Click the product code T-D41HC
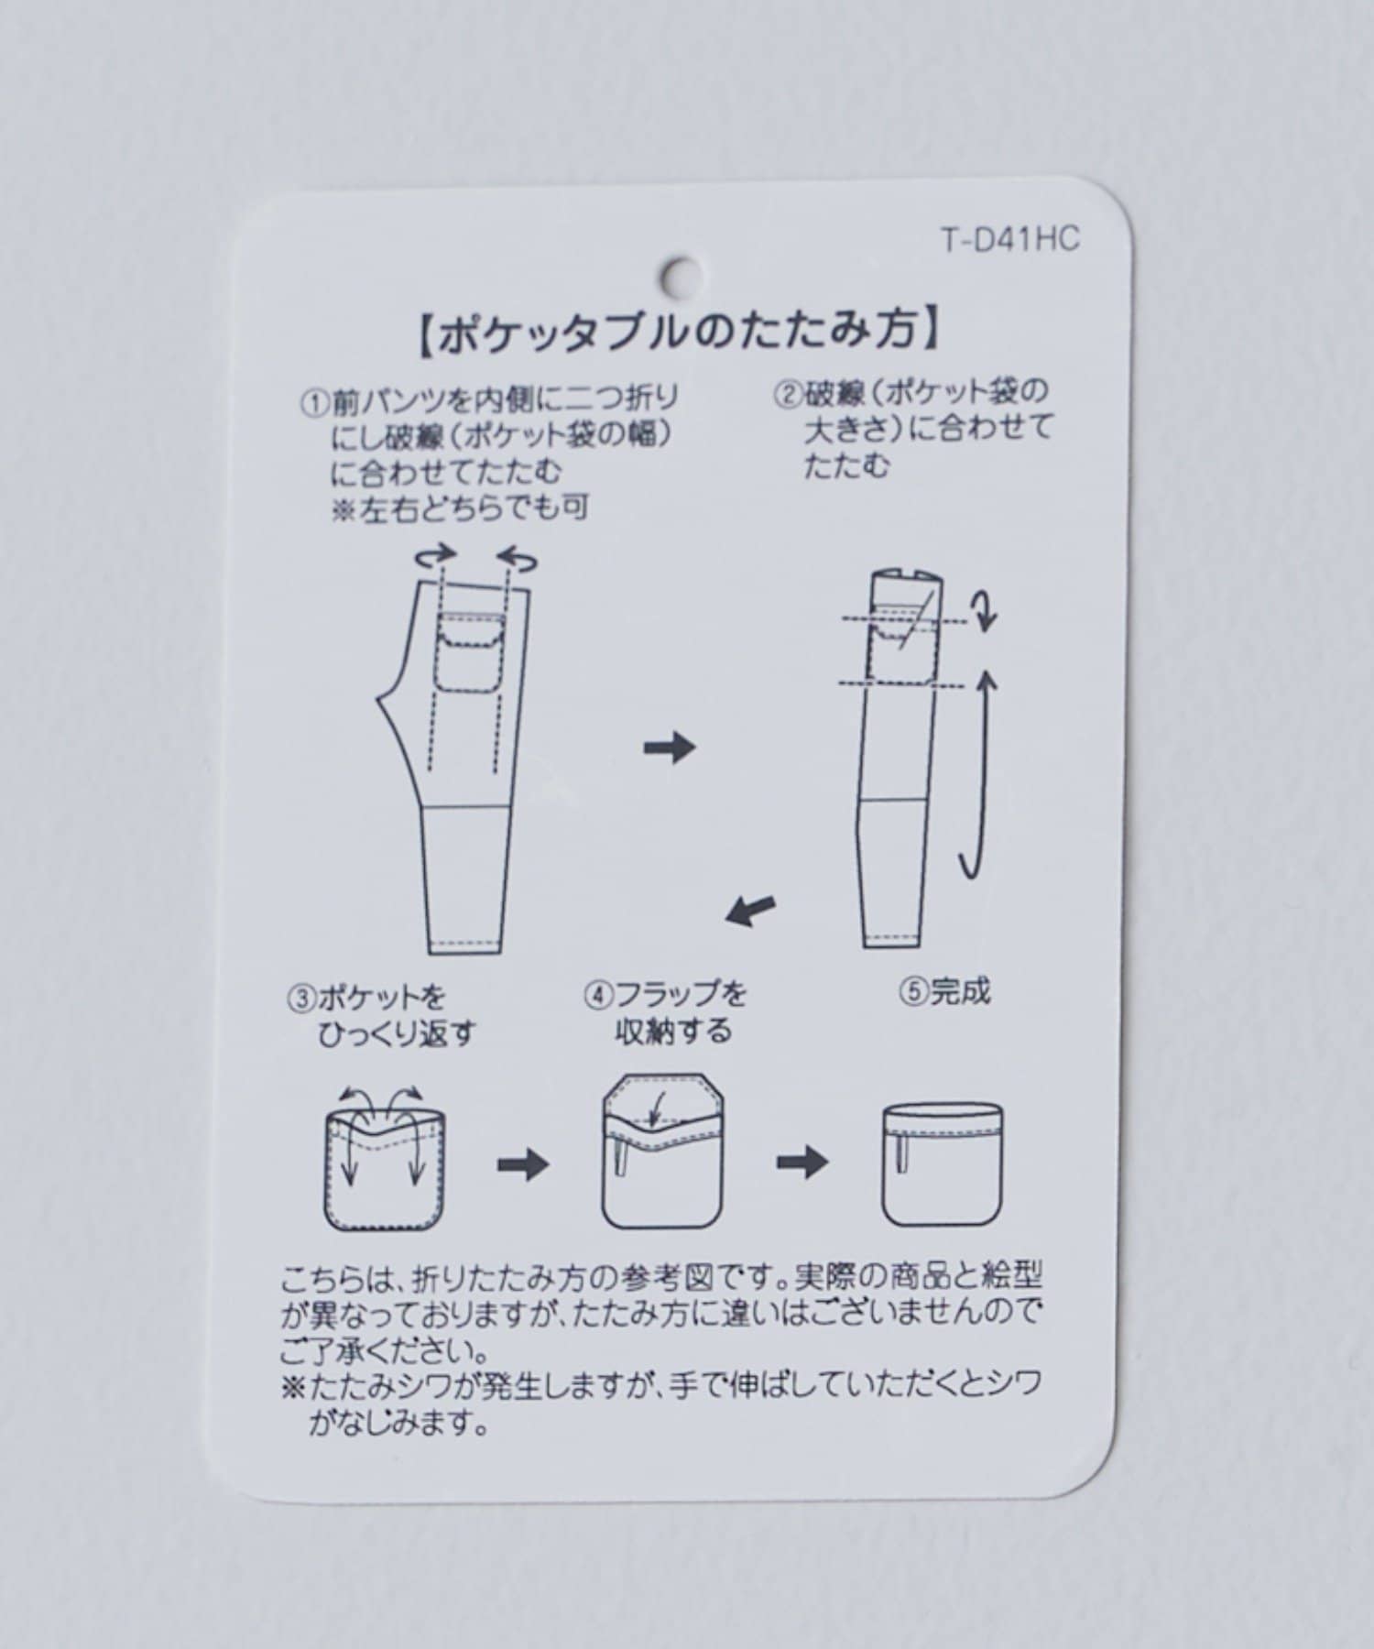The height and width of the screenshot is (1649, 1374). [x=1010, y=240]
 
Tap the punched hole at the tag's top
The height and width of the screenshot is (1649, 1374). [x=682, y=273]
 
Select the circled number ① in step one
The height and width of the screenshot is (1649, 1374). [x=314, y=403]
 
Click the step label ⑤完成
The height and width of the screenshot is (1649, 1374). [x=945, y=992]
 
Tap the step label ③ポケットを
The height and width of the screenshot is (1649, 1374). [x=366, y=997]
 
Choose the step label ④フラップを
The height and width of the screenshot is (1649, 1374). [x=666, y=994]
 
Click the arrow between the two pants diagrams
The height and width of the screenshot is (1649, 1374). [x=670, y=748]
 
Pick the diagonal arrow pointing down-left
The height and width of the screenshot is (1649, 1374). [x=750, y=910]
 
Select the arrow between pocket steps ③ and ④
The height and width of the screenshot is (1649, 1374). [x=523, y=1165]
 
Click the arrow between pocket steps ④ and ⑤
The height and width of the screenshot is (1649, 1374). [x=802, y=1163]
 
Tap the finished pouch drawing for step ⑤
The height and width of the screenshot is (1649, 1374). [x=943, y=1163]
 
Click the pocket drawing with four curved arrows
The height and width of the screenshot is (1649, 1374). [x=385, y=1158]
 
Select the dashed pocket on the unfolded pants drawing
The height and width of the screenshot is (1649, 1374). [x=470, y=650]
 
